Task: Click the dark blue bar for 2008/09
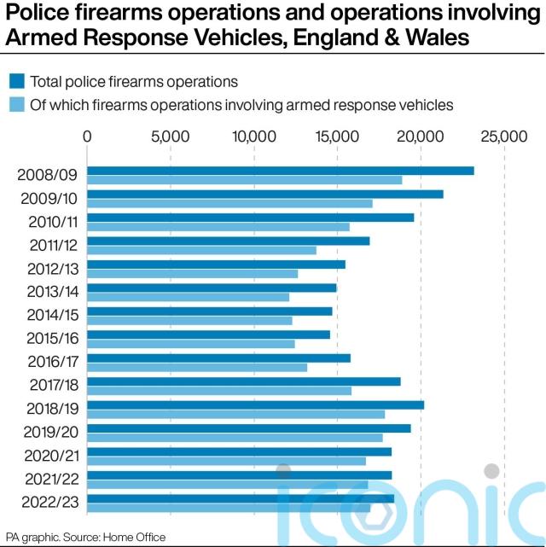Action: tap(281, 171)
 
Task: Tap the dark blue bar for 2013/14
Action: tap(212, 288)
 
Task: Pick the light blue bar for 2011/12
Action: tap(202, 250)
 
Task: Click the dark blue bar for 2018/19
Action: tap(256, 404)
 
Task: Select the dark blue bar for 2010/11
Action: tap(251, 218)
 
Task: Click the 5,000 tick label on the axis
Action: tap(170, 137)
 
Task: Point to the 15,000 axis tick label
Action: tap(336, 137)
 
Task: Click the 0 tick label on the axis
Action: tap(87, 137)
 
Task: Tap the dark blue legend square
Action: tap(16, 82)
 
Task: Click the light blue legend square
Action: tap(16, 105)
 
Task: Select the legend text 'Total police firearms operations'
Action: tap(134, 82)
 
